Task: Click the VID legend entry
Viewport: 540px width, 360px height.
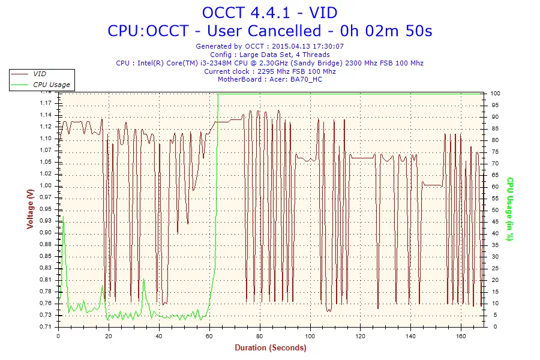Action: click(40, 74)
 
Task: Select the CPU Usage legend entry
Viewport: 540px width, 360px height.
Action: click(51, 85)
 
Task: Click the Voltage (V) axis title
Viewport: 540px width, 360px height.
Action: click(30, 209)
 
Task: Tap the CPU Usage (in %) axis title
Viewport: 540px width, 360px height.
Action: click(509, 209)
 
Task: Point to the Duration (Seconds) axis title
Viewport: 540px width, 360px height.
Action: click(270, 347)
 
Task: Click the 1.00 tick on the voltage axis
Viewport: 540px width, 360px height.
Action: click(46, 185)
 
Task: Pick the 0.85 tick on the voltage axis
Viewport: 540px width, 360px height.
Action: click(46, 256)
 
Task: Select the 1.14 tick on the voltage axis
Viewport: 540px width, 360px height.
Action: click(46, 115)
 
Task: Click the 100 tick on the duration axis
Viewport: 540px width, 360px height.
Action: click(310, 335)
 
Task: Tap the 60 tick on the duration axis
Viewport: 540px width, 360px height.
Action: click(209, 335)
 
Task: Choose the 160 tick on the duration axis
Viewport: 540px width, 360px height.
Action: click(461, 335)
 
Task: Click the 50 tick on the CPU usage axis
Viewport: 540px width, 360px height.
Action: click(496, 210)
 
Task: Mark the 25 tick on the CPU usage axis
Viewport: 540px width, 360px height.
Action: click(496, 268)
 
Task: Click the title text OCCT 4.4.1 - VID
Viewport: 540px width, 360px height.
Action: click(269, 12)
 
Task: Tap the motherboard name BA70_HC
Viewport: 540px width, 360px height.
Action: click(307, 79)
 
